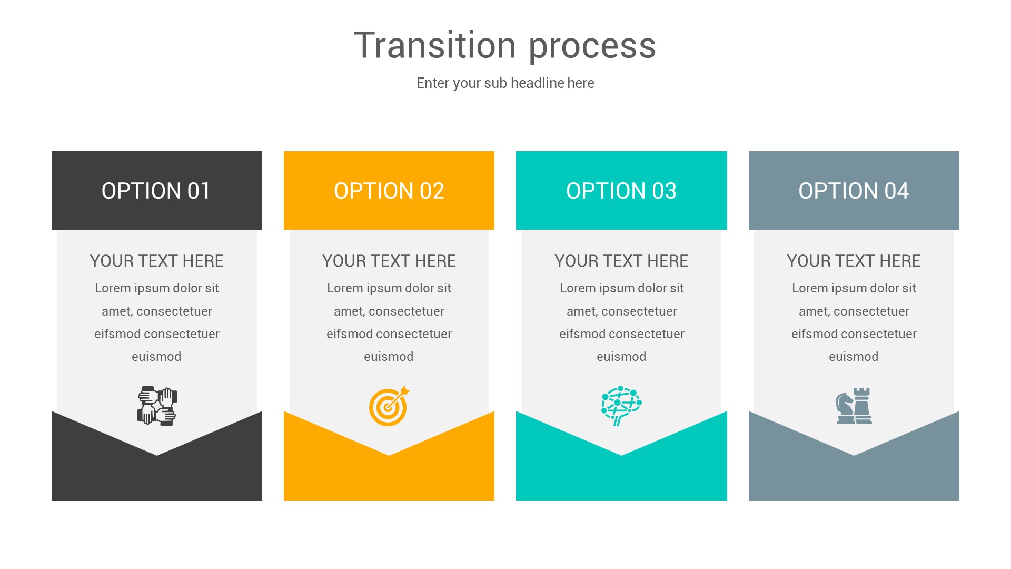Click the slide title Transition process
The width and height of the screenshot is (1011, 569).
pyautogui.click(x=505, y=46)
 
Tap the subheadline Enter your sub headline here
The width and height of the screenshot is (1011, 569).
pyautogui.click(x=505, y=83)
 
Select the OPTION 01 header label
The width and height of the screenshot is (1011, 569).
pyautogui.click(x=156, y=191)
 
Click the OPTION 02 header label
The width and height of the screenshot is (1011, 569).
pyautogui.click(x=389, y=191)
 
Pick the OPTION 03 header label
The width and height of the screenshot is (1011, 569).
pyautogui.click(x=621, y=191)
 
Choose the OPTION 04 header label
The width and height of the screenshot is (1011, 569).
pyautogui.click(x=854, y=191)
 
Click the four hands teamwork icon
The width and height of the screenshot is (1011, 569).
pyautogui.click(x=157, y=406)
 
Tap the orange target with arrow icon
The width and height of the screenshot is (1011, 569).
pyautogui.click(x=389, y=406)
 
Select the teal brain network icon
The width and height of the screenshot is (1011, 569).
pyautogui.click(x=621, y=405)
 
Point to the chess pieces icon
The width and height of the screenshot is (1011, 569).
pyautogui.click(x=854, y=406)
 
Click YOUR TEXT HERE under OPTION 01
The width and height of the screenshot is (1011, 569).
pyautogui.click(x=156, y=261)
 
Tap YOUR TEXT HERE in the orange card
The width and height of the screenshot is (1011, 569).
pyautogui.click(x=389, y=261)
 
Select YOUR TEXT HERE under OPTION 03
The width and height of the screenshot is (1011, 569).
pyautogui.click(x=621, y=261)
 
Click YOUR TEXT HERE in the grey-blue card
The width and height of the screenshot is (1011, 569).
pyautogui.click(x=854, y=261)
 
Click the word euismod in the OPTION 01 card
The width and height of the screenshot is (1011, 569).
pyautogui.click(x=156, y=357)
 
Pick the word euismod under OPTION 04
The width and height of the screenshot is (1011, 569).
pyautogui.click(x=854, y=357)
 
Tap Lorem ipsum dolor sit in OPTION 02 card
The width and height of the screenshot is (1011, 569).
pyautogui.click(x=389, y=288)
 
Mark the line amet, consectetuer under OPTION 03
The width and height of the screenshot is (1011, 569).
pyautogui.click(x=621, y=311)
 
